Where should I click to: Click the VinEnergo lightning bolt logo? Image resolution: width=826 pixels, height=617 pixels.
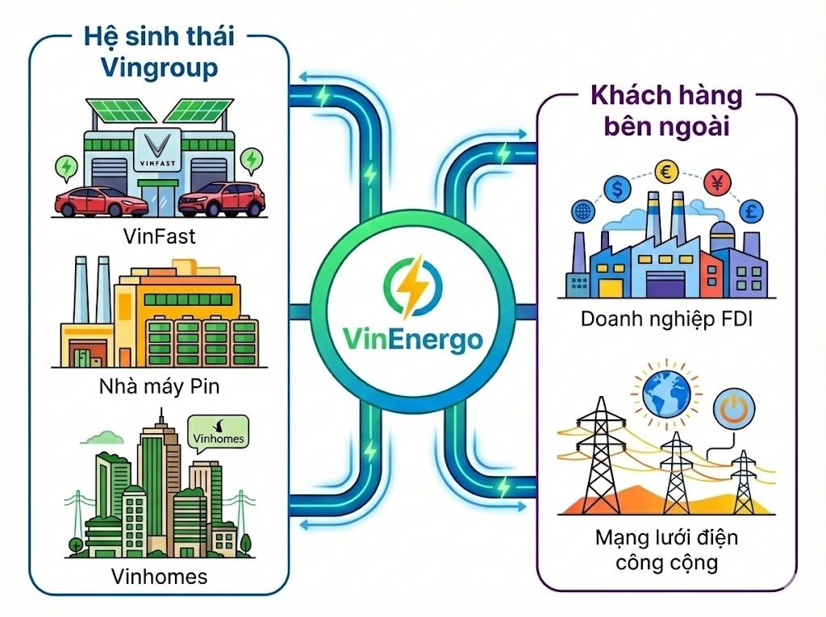(411, 286)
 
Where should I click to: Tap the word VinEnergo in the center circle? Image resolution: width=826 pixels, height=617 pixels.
(411, 337)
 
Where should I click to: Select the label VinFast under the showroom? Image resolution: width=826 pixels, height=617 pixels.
(159, 236)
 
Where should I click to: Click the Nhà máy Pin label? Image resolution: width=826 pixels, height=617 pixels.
(159, 386)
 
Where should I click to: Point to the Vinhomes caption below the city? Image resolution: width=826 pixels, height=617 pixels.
(159, 576)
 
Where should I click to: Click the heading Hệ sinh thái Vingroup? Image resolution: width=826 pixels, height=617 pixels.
(159, 53)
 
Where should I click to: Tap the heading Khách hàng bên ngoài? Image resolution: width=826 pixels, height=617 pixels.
(666, 111)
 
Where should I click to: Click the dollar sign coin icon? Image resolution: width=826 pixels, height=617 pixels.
(619, 190)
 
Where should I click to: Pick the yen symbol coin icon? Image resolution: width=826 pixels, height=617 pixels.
(715, 181)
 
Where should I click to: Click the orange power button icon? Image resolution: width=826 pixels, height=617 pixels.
(732, 410)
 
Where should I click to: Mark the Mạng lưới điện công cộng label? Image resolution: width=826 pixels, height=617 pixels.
(666, 549)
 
